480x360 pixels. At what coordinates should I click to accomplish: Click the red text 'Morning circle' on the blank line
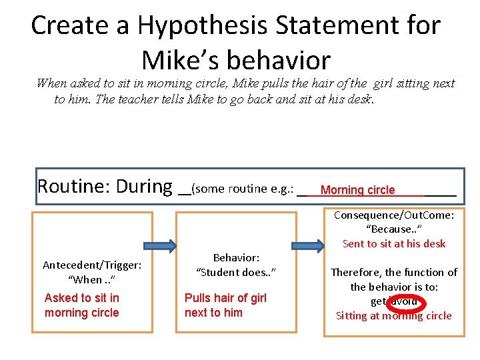click(357, 190)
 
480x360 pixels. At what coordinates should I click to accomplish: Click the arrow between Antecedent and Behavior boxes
click(163, 244)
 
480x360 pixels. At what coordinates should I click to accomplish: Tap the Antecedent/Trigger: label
click(92, 265)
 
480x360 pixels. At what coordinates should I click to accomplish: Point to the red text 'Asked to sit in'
click(82, 298)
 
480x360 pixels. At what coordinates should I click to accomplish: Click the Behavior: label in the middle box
click(236, 257)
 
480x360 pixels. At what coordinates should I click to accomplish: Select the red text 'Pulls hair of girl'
click(225, 298)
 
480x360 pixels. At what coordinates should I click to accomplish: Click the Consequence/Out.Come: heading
click(393, 215)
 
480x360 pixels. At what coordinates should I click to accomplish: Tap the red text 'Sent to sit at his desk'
click(393, 243)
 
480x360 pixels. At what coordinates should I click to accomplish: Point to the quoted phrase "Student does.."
click(236, 272)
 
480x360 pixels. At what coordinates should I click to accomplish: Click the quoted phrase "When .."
click(92, 279)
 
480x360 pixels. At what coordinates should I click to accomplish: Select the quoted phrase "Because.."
click(393, 229)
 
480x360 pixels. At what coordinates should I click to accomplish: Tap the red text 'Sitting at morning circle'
click(393, 316)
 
